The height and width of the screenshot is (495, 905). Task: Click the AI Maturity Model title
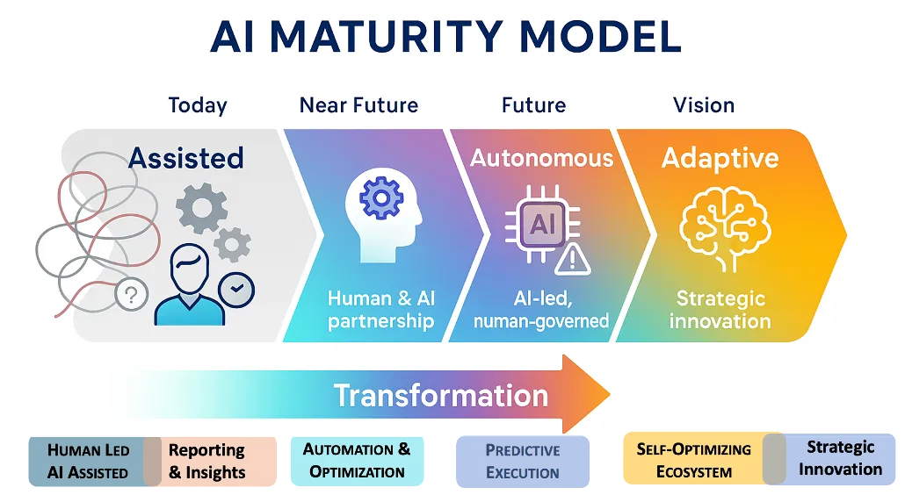445,37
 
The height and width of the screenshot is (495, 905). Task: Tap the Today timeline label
198,106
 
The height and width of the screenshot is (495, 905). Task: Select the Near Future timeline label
358,106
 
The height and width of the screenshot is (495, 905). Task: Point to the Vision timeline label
704,106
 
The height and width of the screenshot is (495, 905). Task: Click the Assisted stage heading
185,159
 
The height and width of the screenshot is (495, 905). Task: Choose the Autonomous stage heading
541,158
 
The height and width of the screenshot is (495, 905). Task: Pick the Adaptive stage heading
720,159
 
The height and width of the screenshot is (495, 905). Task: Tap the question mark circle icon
131,294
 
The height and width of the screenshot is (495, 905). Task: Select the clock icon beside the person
236,287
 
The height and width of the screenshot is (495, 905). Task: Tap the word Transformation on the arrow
441,395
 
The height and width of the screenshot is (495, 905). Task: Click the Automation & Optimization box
357,461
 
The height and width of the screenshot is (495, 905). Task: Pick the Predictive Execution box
522,462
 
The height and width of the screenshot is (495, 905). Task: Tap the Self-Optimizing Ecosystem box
693,460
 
